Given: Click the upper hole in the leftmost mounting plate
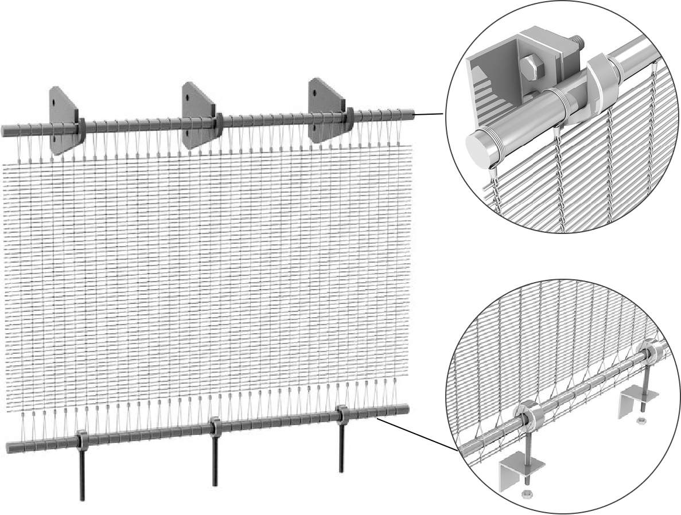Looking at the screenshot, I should [x=53, y=103].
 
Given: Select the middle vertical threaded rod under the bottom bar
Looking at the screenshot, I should [x=215, y=459].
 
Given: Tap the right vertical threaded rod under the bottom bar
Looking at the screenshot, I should [x=342, y=447].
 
